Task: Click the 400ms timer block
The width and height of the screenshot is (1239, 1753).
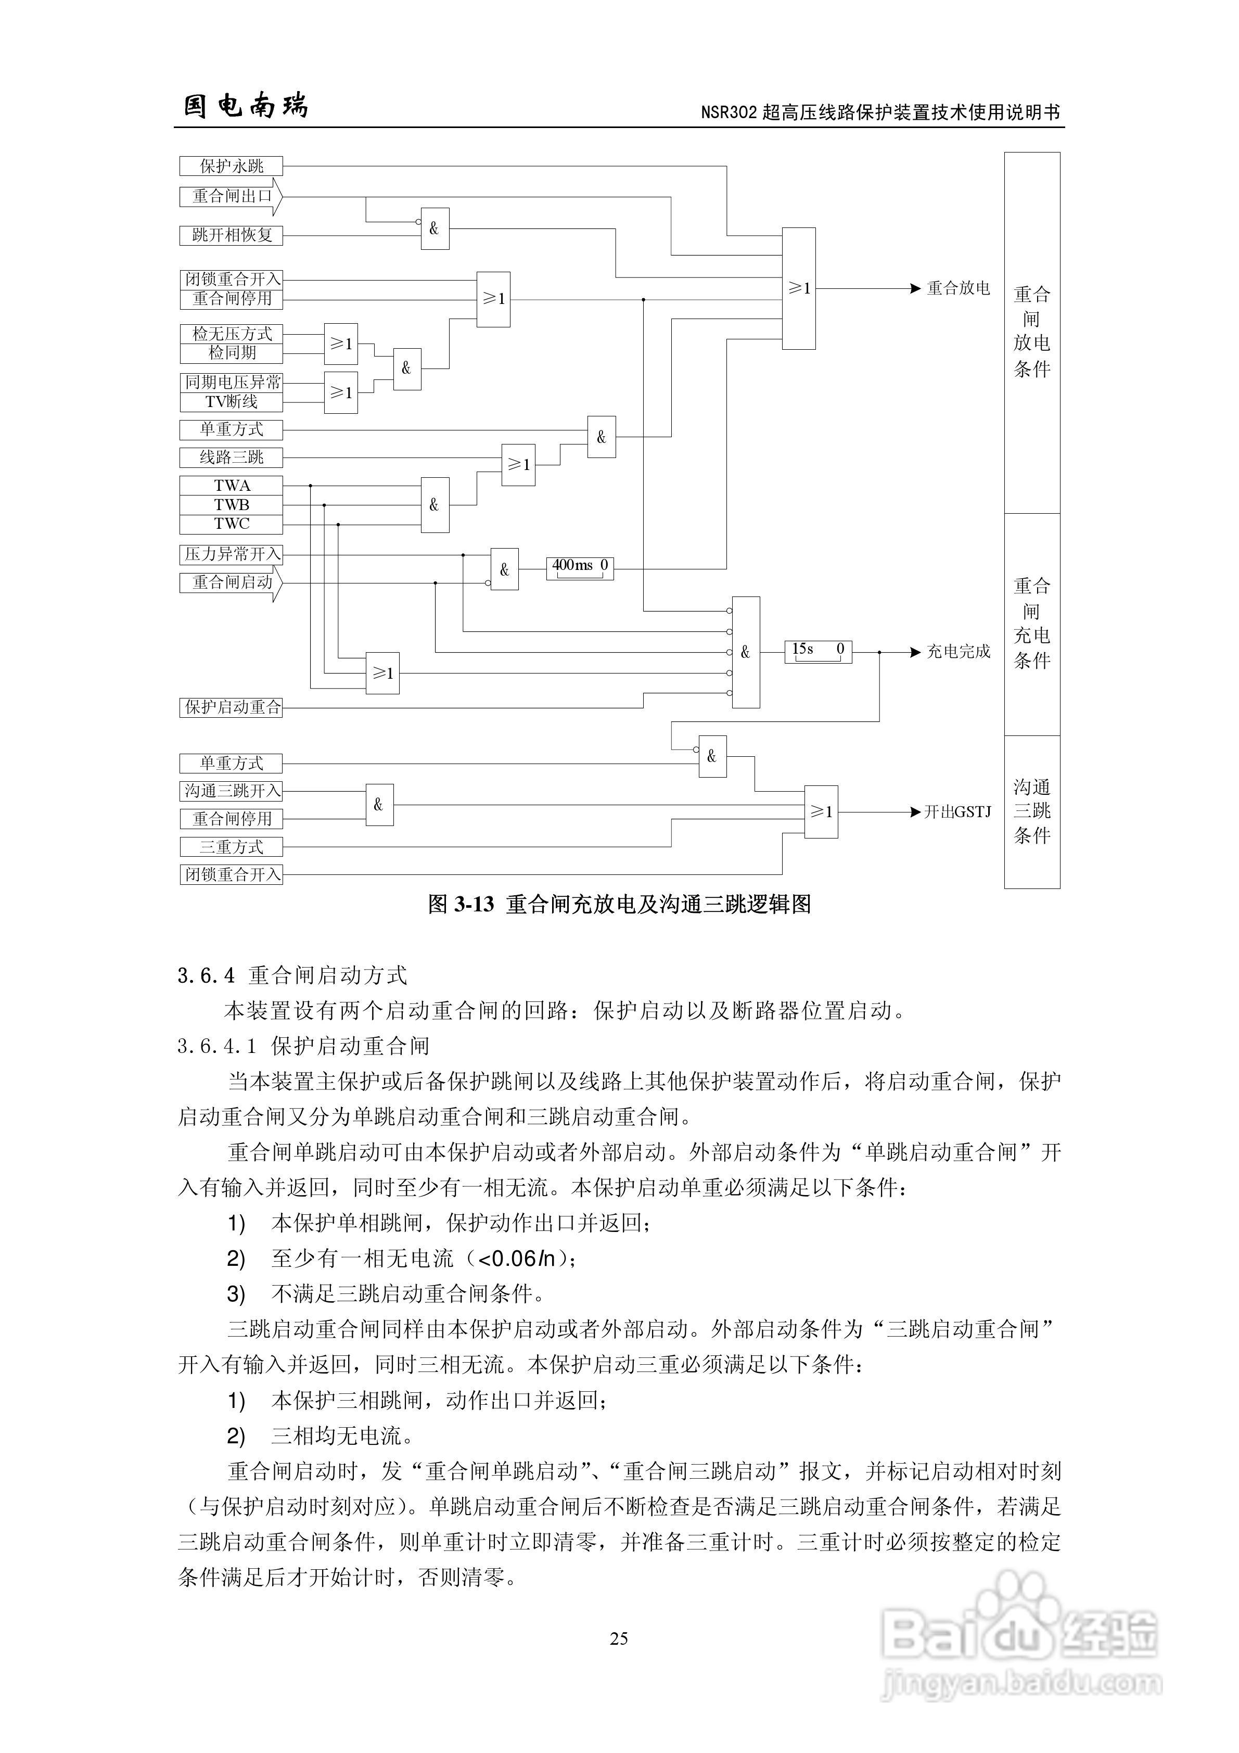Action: (580, 568)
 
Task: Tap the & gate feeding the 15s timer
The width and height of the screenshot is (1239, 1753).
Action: (746, 652)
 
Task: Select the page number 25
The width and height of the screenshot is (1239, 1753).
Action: (619, 1639)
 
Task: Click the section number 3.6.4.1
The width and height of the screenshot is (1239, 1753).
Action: (217, 1046)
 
